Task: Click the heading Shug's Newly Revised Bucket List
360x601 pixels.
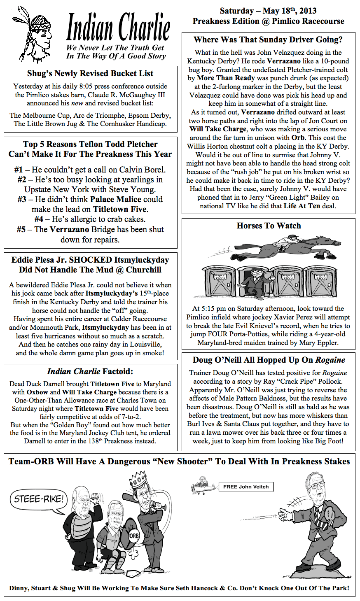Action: (90, 74)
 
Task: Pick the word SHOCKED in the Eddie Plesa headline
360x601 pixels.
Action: (91, 260)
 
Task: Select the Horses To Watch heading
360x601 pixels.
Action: (269, 226)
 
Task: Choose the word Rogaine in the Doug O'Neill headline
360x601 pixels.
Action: (330, 360)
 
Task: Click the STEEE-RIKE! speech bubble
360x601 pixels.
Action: (39, 499)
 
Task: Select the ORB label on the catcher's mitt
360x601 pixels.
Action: (134, 536)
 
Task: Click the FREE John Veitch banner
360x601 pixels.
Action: (246, 487)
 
